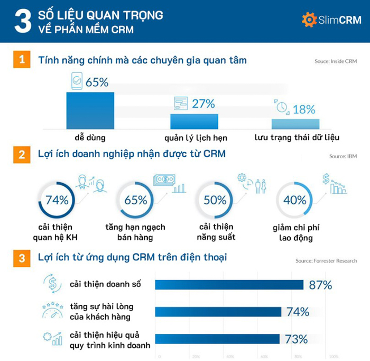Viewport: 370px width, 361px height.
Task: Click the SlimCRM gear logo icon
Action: (309, 20)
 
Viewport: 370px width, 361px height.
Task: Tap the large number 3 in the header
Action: (20, 21)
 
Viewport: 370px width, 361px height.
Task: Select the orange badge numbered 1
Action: (21, 60)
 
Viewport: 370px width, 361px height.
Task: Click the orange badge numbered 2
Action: (21, 155)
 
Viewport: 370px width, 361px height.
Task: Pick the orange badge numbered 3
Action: (21, 259)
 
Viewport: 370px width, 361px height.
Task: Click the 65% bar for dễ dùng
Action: (90, 111)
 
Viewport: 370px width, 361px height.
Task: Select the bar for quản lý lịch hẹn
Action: (193, 121)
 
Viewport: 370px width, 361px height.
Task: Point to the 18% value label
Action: (303, 110)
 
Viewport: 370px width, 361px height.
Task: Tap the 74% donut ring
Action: (57, 200)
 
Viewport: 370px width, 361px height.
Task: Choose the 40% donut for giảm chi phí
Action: (294, 200)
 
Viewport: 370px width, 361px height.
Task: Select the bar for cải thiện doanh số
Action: (229, 285)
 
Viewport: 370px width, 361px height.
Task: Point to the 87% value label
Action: (320, 285)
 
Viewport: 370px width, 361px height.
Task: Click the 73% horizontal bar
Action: (217, 339)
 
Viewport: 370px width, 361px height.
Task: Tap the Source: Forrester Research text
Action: (326, 261)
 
